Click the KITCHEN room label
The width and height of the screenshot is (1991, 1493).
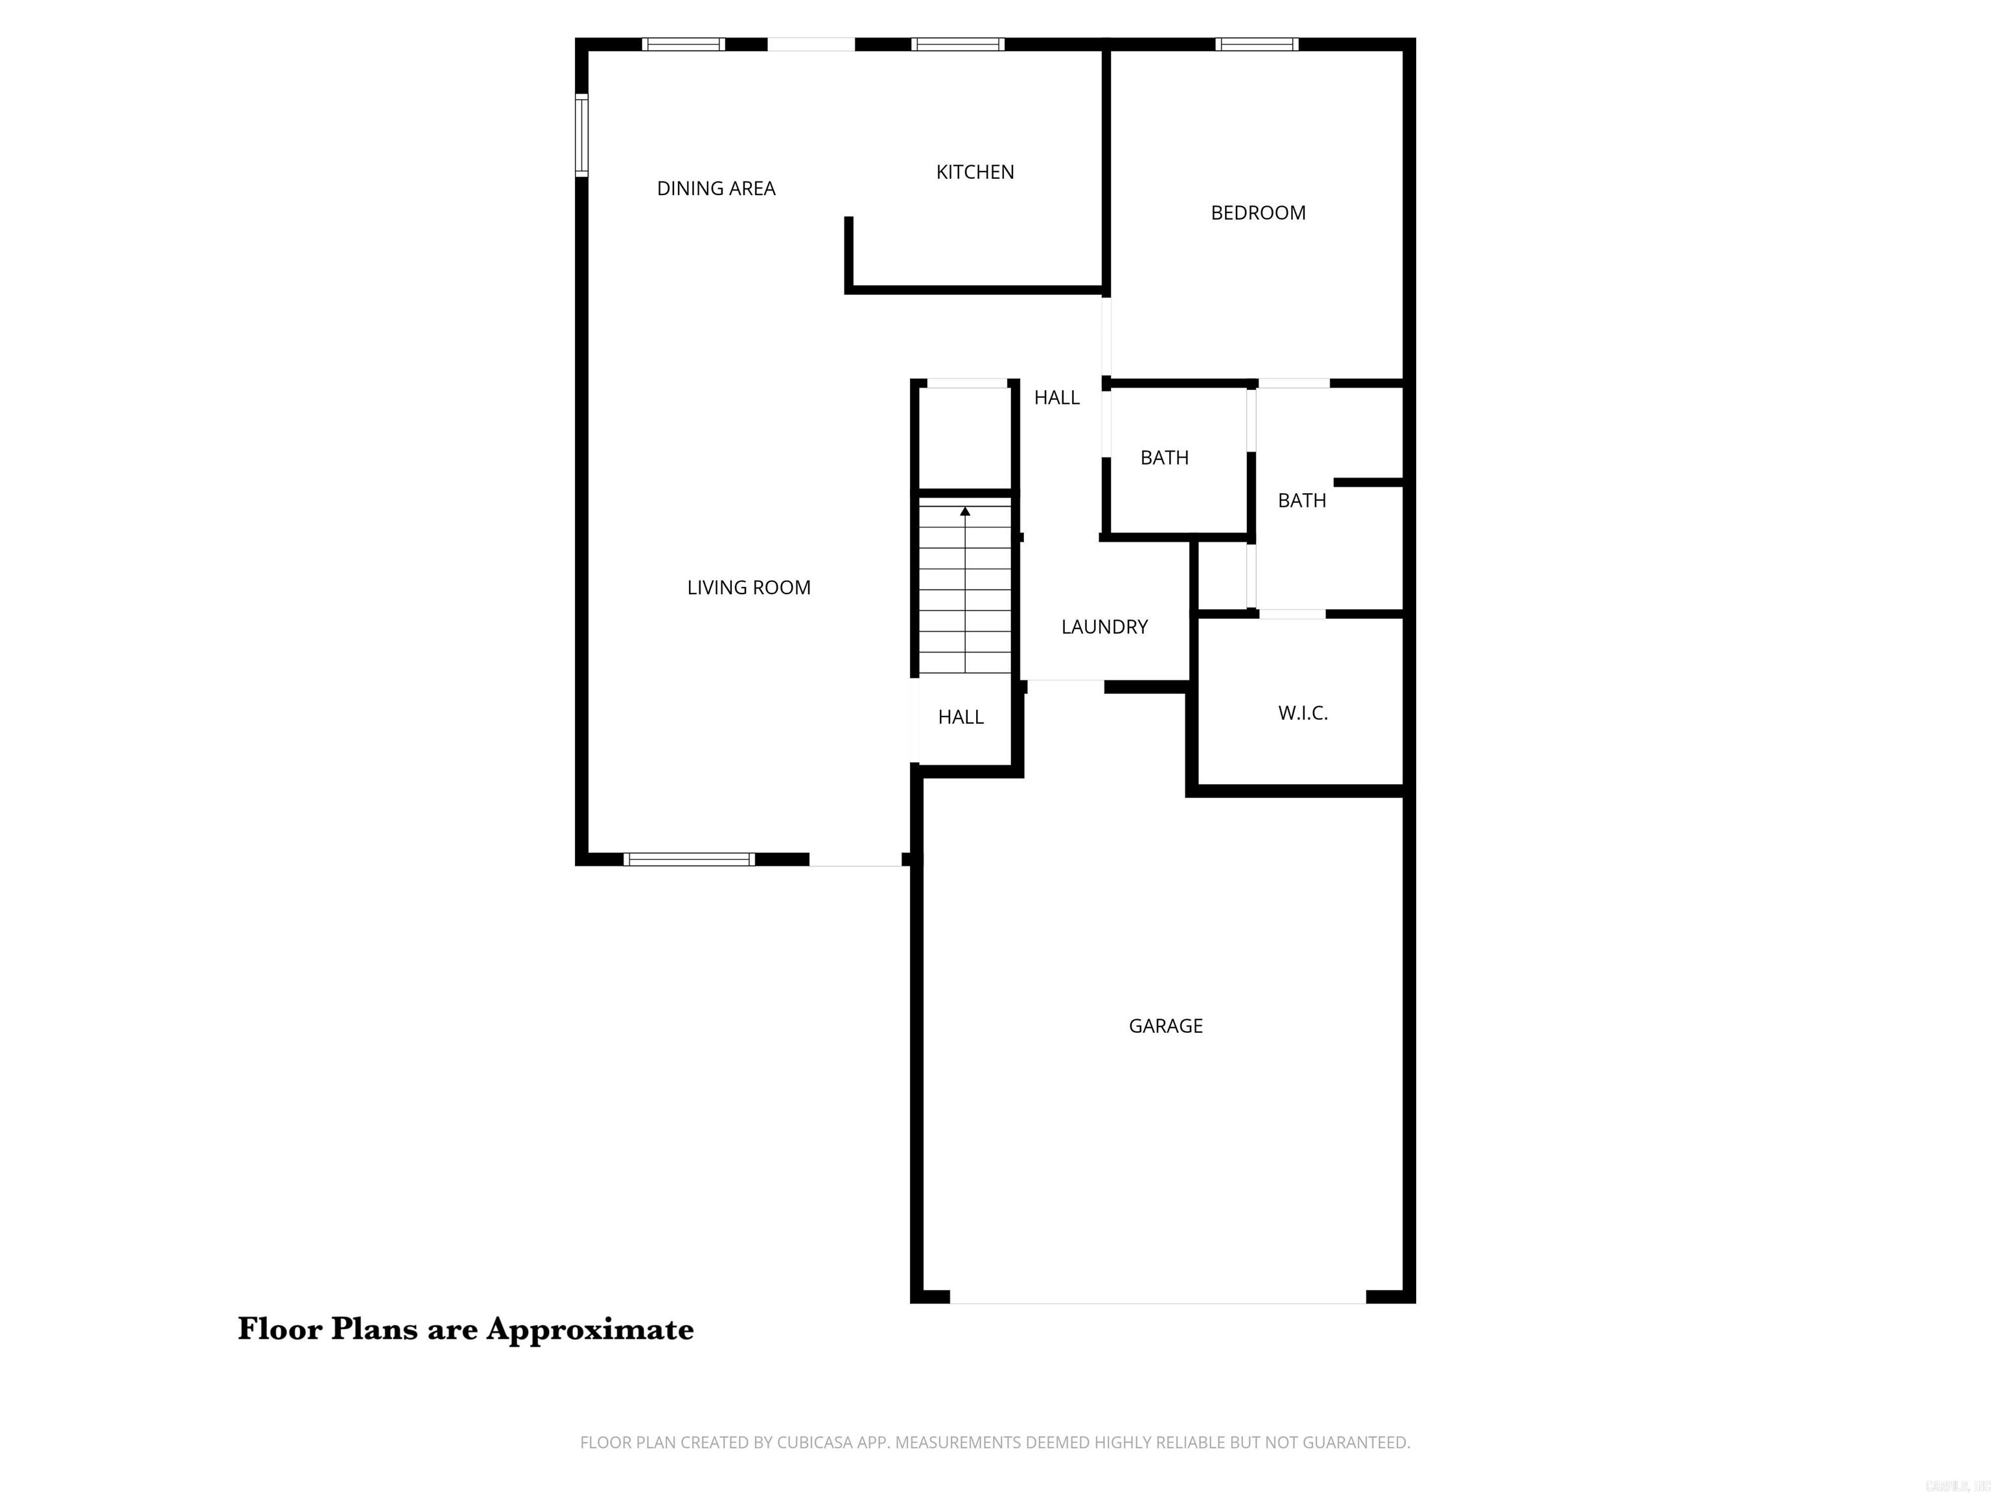click(x=975, y=172)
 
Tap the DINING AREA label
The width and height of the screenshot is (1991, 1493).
click(x=716, y=188)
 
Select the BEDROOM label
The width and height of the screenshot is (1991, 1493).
click(x=1257, y=213)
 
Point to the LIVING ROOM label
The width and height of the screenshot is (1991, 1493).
click(x=748, y=588)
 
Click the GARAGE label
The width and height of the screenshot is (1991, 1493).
click(x=1165, y=1026)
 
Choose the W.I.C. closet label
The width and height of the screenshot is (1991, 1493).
click(x=1303, y=713)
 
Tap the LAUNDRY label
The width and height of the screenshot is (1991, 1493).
click(x=1104, y=627)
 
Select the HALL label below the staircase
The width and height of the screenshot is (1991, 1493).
click(x=961, y=717)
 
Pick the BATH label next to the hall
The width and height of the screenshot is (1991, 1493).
click(x=1164, y=457)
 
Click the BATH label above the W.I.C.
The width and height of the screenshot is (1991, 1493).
click(x=1301, y=500)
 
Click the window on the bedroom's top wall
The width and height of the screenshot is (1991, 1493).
click(x=1257, y=44)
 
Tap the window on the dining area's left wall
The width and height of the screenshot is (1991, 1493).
click(x=581, y=135)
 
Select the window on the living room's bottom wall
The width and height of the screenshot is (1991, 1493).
click(x=688, y=859)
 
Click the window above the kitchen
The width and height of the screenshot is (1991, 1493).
click(x=958, y=44)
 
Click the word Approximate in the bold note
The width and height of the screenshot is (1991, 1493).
click(x=590, y=1329)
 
